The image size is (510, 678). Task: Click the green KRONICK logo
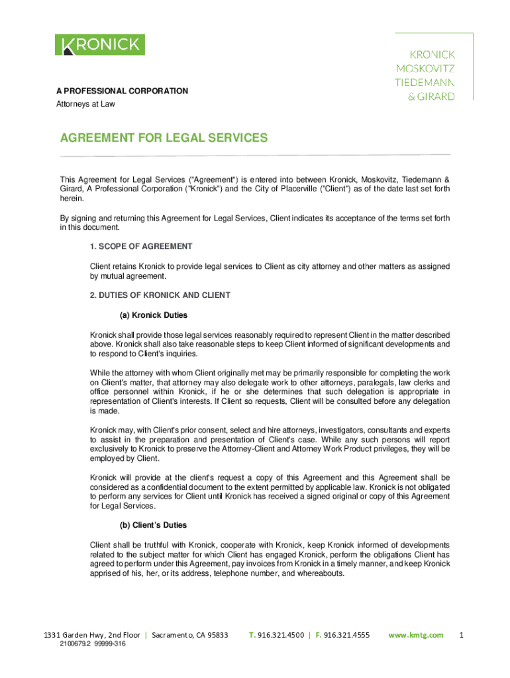(x=100, y=45)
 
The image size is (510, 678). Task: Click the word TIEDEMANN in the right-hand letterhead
(x=425, y=82)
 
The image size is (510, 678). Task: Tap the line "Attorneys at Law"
(x=85, y=104)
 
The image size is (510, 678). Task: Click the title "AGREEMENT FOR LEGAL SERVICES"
(x=164, y=138)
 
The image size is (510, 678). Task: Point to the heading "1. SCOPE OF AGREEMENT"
(x=141, y=246)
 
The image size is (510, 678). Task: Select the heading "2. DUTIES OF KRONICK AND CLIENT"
(x=160, y=295)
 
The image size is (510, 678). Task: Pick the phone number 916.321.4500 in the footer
(x=281, y=635)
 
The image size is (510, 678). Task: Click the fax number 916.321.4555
(x=346, y=635)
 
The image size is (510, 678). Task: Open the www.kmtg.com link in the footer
(x=416, y=635)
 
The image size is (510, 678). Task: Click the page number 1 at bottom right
(x=462, y=635)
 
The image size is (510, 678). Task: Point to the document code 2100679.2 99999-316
(x=92, y=644)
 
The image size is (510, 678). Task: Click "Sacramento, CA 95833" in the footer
(x=190, y=635)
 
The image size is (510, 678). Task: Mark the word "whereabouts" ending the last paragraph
(x=321, y=573)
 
